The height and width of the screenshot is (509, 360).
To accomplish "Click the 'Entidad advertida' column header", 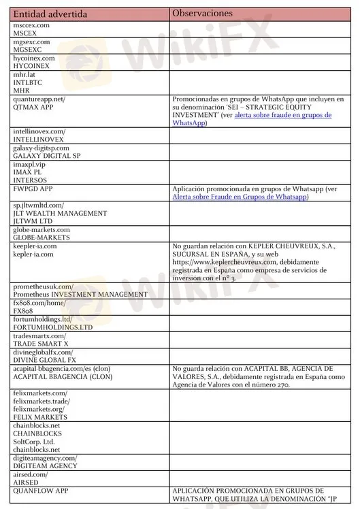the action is pyautogui.click(x=46, y=14).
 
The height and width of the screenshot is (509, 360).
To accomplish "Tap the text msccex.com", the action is pyautogui.click(x=31, y=25).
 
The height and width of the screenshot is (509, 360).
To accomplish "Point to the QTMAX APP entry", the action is pyautogui.click(x=35, y=107).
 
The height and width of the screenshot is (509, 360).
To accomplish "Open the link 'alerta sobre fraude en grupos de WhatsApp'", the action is pyautogui.click(x=282, y=115).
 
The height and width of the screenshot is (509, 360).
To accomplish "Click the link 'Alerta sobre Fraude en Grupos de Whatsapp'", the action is pyautogui.click(x=240, y=197).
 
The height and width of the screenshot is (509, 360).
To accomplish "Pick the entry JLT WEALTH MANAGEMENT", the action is pyautogui.click(x=60, y=213).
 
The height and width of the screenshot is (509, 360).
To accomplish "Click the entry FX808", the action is pyautogui.click(x=24, y=311).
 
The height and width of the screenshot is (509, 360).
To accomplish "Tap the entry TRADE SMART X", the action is pyautogui.click(x=41, y=344).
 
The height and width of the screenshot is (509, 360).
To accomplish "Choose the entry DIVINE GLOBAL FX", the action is pyautogui.click(x=46, y=360).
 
